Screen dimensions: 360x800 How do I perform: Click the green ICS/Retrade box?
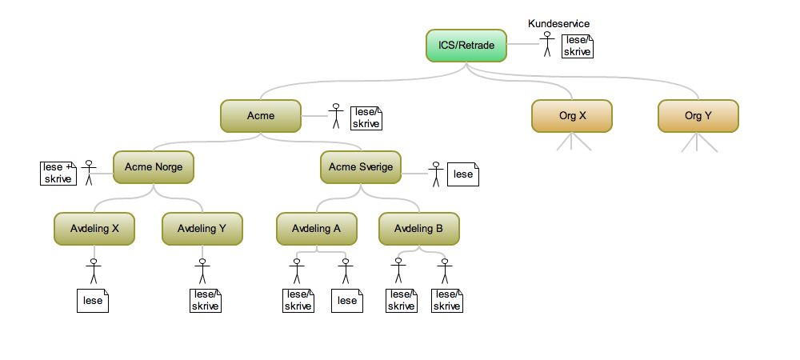click(466, 46)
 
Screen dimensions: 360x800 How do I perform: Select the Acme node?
click(260, 116)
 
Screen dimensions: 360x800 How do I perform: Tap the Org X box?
click(572, 116)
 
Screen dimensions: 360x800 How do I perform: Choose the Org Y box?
click(698, 116)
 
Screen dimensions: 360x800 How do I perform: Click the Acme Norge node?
click(153, 168)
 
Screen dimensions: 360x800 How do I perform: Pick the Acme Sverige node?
click(361, 168)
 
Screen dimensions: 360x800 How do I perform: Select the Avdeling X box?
click(94, 229)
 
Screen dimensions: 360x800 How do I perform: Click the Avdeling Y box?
click(202, 229)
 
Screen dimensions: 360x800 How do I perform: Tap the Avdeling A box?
click(317, 229)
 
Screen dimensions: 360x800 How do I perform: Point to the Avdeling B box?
click(418, 229)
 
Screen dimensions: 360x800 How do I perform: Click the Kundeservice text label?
click(558, 24)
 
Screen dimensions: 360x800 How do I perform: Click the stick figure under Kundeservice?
click(547, 45)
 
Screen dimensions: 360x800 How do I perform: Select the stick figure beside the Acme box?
click(337, 116)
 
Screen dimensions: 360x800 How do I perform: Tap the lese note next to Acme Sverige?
click(462, 174)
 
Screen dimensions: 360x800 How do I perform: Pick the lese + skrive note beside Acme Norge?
click(58, 173)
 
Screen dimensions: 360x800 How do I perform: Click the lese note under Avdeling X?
click(93, 301)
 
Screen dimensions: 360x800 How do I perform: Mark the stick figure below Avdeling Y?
click(202, 271)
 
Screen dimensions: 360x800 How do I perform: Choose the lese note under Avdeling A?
click(346, 301)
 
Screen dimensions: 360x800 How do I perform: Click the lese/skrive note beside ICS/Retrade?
click(578, 46)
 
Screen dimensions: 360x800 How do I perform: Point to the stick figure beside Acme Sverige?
click(436, 174)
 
